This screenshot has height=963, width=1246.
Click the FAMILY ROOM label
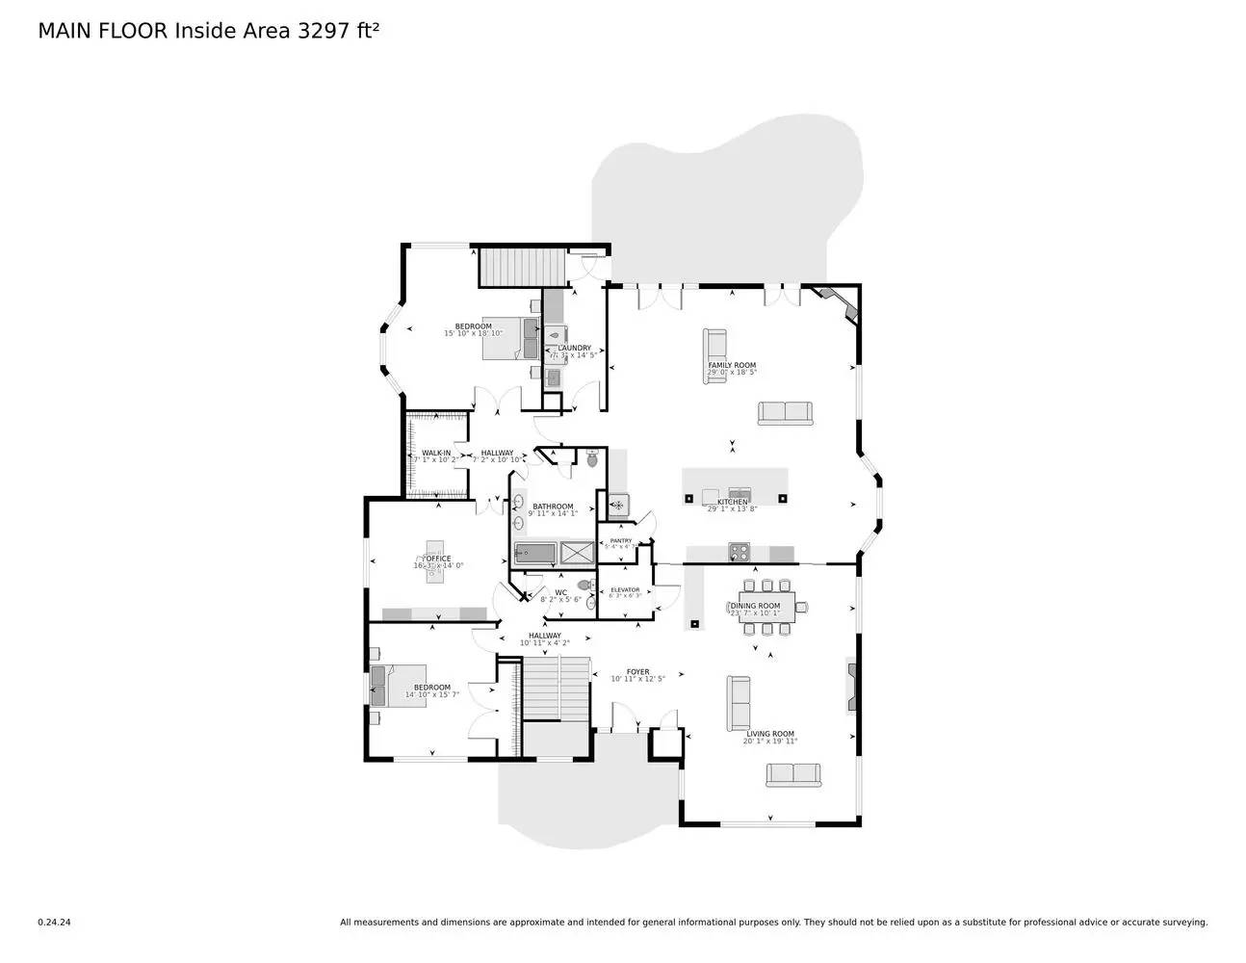732,366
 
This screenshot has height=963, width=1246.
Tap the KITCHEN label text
732,502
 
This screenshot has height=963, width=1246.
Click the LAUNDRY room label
574,349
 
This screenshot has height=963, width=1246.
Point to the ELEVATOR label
625,590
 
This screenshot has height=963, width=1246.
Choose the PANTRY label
621,541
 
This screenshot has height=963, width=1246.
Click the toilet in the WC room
584,585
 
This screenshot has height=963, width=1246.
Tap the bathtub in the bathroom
535,553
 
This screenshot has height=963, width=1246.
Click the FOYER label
637,672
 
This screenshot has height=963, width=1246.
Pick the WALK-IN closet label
436,453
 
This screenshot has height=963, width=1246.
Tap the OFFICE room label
439,559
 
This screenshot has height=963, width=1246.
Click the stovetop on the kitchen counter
739,553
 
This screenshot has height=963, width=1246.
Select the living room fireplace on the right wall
852,685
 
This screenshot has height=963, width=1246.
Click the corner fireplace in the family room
834,300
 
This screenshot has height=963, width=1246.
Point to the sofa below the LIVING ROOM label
793,774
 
